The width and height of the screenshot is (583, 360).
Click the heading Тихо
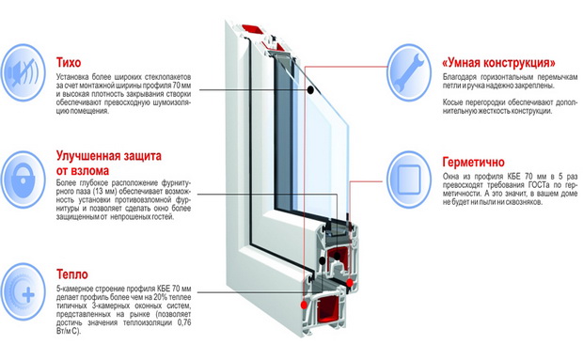click(x=69, y=62)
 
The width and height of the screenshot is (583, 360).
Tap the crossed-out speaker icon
click(x=24, y=72)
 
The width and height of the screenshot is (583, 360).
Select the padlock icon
click(x=24, y=180)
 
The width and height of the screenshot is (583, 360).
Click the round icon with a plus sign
click(x=24, y=292)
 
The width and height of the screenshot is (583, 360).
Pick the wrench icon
click(x=409, y=72)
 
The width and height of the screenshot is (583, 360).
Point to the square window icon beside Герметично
click(x=409, y=180)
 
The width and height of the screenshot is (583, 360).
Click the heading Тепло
click(x=72, y=274)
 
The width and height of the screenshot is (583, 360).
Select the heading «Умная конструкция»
click(x=499, y=63)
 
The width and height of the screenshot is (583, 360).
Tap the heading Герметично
click(x=474, y=163)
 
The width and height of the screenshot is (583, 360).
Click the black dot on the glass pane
click(x=310, y=90)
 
